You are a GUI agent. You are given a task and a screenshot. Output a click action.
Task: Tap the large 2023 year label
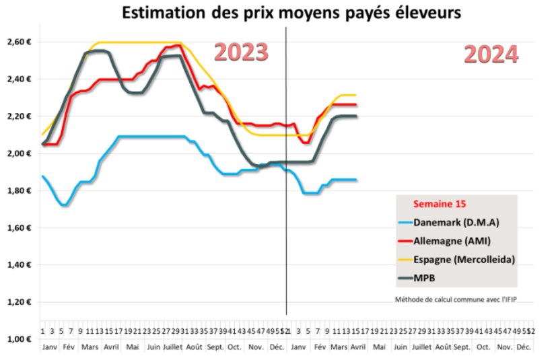241,52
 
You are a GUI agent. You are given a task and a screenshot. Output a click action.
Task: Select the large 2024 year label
491,55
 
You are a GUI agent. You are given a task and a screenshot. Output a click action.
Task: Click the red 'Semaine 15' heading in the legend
440,204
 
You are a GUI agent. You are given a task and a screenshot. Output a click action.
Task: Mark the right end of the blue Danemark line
356,180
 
